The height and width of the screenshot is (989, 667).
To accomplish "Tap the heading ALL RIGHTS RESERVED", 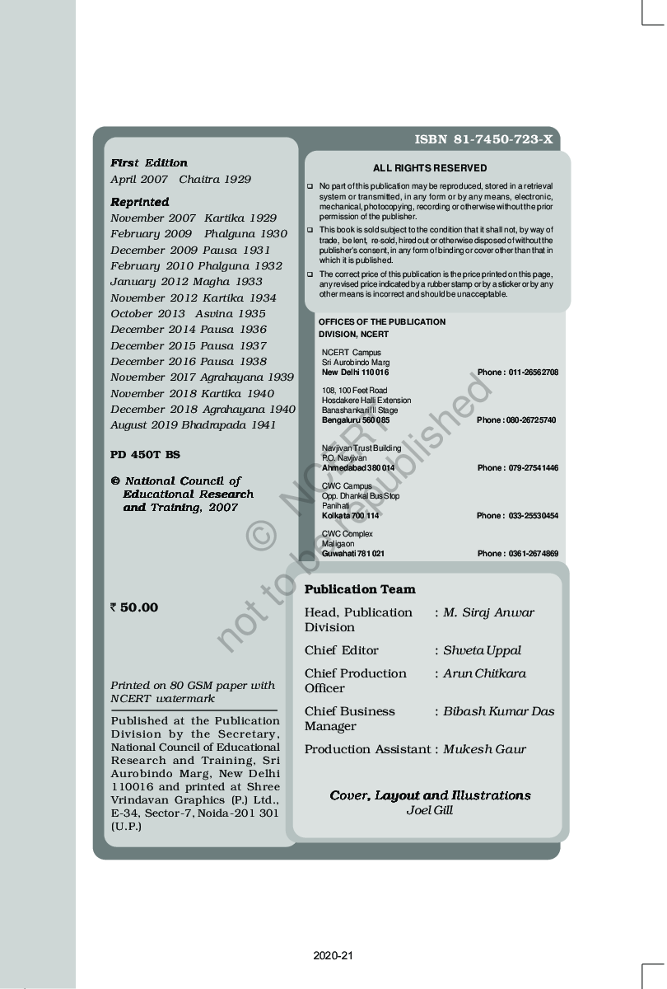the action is point(430,168).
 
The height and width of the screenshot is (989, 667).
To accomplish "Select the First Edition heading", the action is point(149,162).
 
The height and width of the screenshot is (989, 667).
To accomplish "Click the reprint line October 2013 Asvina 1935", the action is point(188,314).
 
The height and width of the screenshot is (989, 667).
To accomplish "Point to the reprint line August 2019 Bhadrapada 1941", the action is point(194,425).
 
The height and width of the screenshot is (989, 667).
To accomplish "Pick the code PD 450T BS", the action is point(145,454).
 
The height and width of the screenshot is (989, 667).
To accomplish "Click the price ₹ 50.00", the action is point(134,607).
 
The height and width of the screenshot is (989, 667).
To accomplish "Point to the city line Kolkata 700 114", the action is point(350,516).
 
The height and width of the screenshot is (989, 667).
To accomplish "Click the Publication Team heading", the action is point(360,589).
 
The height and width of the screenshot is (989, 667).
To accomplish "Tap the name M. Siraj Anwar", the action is point(488,612).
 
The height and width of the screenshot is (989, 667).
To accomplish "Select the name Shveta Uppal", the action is point(482,650).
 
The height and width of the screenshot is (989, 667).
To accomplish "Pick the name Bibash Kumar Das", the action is point(499,711).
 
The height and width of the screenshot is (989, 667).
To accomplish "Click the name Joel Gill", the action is point(430,810).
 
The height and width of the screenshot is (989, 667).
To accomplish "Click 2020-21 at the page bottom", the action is point(333,956).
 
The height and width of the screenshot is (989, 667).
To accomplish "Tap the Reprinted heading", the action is point(140,202).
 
